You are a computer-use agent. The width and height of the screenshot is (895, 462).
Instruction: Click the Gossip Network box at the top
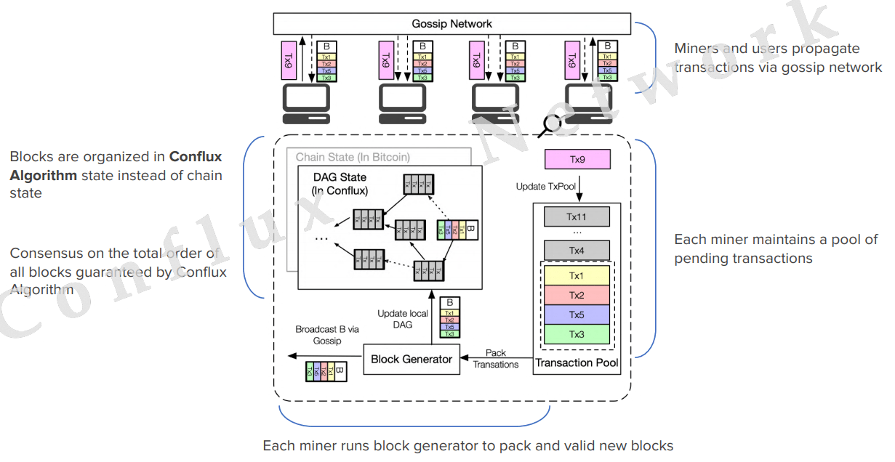(451, 23)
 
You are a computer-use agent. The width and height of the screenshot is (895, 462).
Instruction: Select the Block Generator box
(412, 359)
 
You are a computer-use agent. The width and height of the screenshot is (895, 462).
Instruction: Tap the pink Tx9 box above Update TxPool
(577, 159)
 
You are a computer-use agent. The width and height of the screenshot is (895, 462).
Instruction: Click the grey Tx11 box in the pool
(577, 216)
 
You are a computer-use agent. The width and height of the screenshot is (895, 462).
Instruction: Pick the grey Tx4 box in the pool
(577, 251)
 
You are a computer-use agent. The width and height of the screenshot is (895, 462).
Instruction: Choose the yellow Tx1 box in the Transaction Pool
(577, 276)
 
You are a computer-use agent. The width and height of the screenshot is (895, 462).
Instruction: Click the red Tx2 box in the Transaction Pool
(577, 295)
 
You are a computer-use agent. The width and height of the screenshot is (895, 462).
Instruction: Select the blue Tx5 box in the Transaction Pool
(577, 315)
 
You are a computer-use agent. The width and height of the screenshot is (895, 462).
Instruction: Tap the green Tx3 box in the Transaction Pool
(577, 334)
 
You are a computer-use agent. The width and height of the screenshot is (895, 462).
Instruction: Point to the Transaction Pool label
(577, 362)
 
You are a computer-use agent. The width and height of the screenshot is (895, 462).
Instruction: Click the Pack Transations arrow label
(496, 359)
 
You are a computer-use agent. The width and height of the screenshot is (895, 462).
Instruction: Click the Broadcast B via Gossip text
(327, 335)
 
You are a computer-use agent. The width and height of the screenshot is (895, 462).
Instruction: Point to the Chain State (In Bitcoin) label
(353, 158)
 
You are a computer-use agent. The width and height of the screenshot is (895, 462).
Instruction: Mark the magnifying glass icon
(550, 125)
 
